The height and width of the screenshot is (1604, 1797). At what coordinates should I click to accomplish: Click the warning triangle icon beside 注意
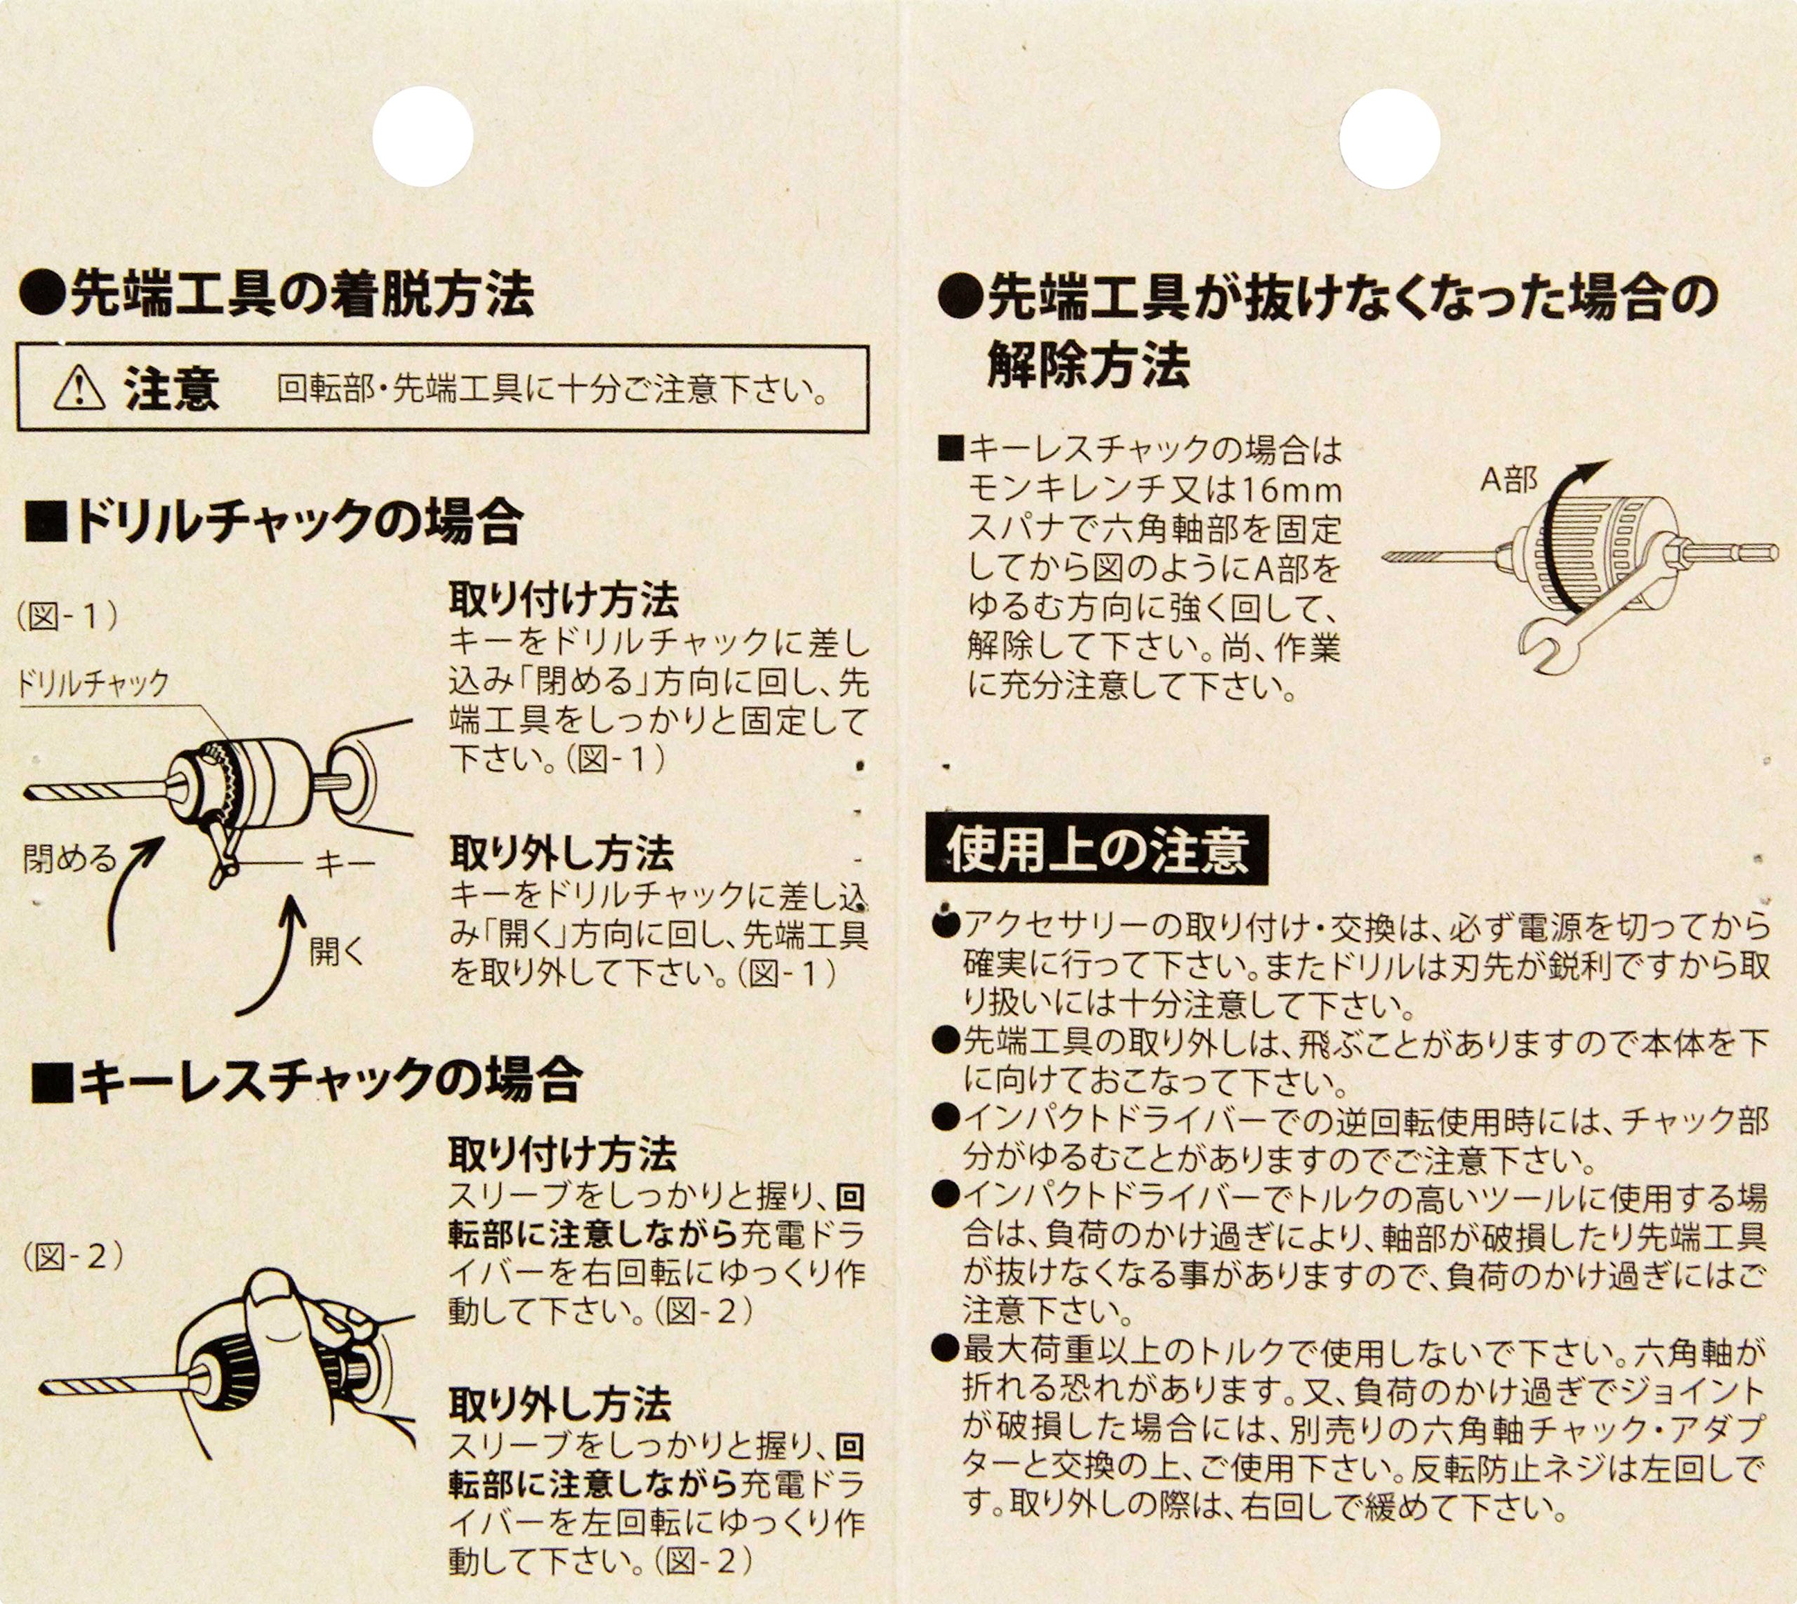click(x=79, y=390)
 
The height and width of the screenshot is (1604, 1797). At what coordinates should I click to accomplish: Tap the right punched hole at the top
click(x=1390, y=139)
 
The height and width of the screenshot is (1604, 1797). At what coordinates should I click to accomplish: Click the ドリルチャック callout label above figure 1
click(x=93, y=683)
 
